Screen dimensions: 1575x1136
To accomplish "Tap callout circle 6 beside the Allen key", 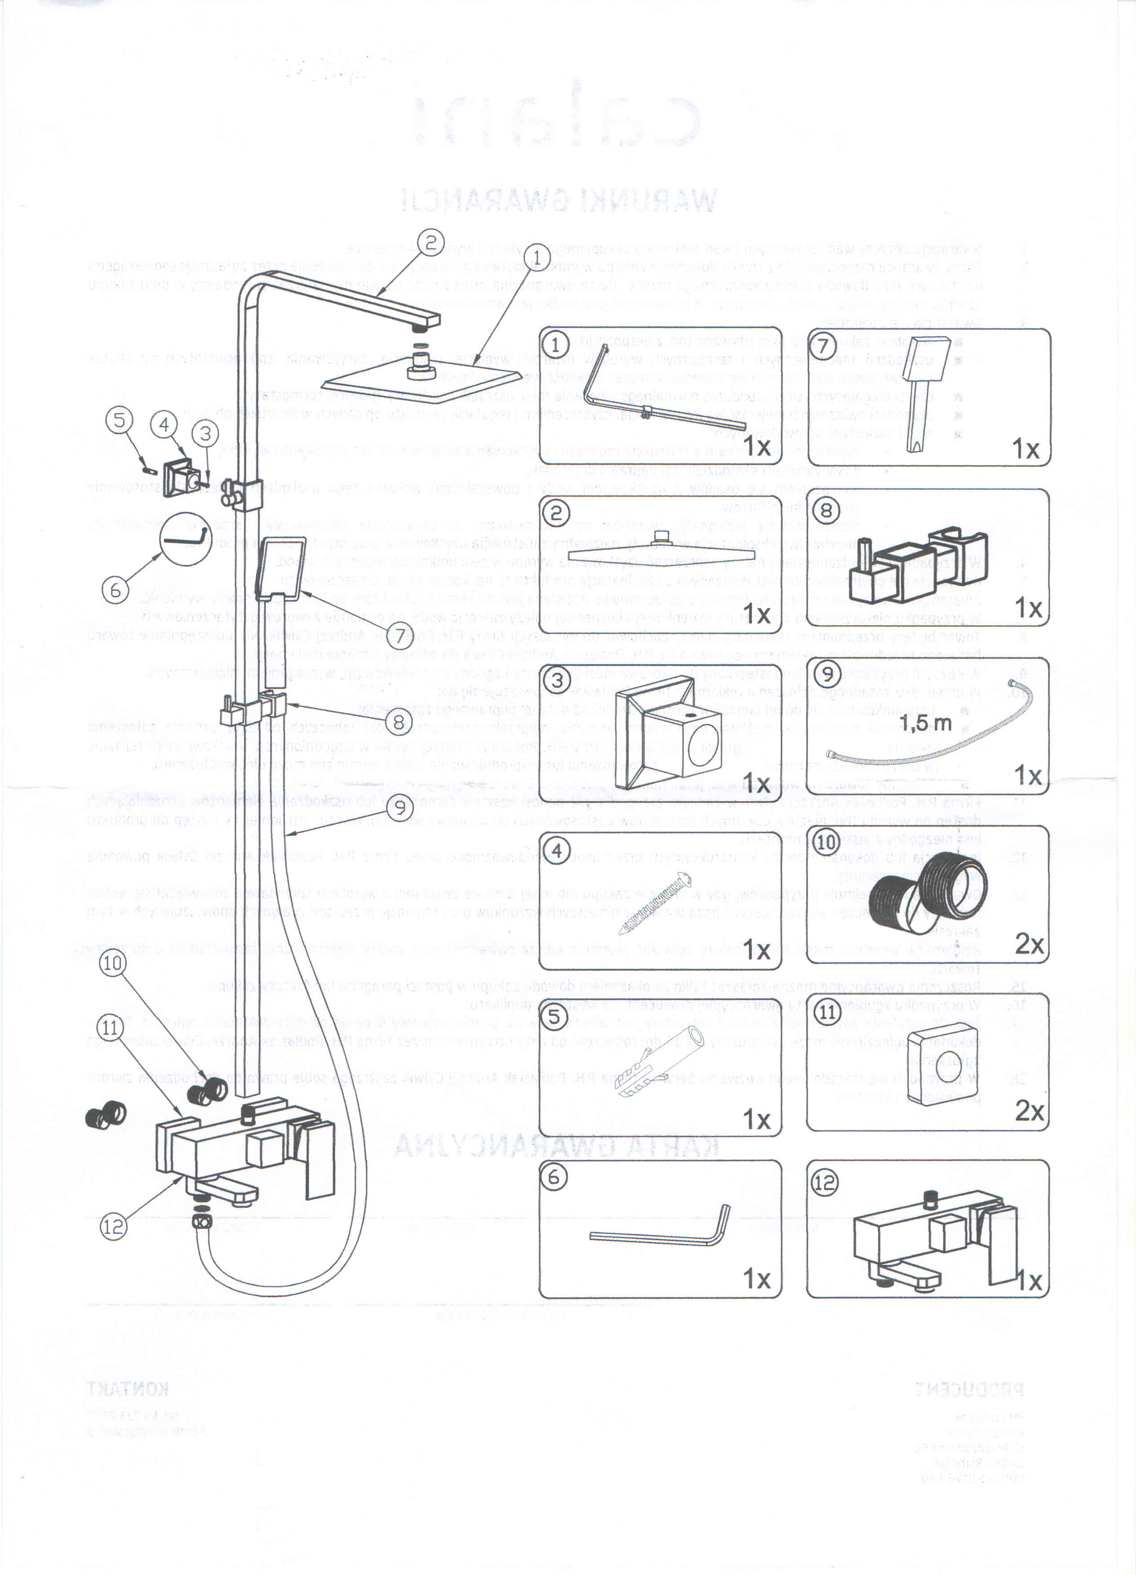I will point(115,590).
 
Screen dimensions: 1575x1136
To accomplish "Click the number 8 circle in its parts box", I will point(826,511).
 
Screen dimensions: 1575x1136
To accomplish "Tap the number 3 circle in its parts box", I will point(557,678).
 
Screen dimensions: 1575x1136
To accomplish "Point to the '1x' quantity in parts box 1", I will point(756,446).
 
